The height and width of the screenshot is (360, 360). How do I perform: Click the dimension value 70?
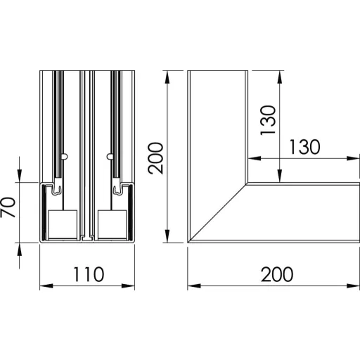(8, 207)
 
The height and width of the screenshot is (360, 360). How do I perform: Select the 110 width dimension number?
(89, 274)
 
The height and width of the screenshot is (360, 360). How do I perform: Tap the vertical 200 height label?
(155, 158)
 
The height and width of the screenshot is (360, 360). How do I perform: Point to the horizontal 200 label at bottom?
(277, 274)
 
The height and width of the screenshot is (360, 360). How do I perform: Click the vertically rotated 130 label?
(268, 120)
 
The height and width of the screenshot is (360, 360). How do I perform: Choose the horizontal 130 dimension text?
(304, 147)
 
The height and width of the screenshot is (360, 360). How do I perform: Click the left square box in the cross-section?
(63, 224)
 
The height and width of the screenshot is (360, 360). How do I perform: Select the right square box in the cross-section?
(112, 224)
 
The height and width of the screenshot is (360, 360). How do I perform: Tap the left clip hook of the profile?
(57, 188)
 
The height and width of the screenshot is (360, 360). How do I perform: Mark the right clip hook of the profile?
(118, 188)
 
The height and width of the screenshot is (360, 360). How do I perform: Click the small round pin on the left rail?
(65, 156)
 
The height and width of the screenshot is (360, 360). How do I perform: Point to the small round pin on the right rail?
(110, 156)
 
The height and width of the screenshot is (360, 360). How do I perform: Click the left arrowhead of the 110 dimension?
(46, 286)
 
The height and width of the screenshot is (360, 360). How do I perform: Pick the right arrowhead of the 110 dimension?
(128, 286)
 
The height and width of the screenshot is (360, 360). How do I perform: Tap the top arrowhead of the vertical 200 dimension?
(167, 77)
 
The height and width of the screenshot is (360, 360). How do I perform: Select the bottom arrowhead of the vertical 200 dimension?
(167, 236)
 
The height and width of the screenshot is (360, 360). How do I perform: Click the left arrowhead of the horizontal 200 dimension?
(194, 286)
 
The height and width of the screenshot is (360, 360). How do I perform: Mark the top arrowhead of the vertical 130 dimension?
(280, 77)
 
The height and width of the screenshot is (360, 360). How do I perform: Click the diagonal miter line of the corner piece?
(218, 213)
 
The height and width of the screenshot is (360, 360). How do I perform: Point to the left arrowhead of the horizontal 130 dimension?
(255, 158)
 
